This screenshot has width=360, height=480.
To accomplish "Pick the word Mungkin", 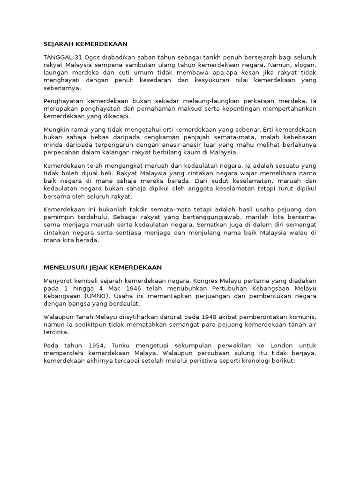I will click(56, 129).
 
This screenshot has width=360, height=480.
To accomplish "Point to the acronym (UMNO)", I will click(96, 296).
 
